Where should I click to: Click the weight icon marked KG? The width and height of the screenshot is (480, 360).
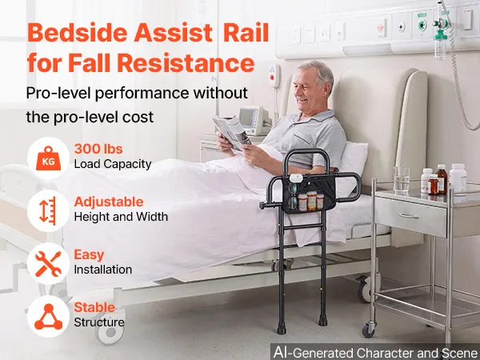tap(48, 158)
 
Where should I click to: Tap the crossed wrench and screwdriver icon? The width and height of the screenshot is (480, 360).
tap(48, 264)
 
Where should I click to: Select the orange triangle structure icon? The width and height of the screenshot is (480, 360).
tap(48, 317)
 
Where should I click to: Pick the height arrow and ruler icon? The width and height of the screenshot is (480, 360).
tap(48, 211)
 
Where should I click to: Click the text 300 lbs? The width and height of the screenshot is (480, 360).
tap(98, 149)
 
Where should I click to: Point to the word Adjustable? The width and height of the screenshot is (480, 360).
tap(109, 202)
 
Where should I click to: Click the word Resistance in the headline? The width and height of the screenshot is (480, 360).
tap(186, 63)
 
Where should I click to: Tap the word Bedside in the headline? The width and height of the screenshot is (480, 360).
tap(77, 33)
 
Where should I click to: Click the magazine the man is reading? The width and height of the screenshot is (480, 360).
tap(231, 132)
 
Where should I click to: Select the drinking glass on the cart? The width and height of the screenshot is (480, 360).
tap(402, 180)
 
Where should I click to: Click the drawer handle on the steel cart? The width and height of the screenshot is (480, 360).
tap(409, 216)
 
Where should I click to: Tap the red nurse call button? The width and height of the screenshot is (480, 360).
tap(271, 77)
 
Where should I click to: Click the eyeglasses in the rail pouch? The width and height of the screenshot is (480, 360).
tap(292, 195)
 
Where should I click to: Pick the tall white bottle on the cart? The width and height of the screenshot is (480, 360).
tap(458, 178)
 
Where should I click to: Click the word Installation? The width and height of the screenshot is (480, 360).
tap(103, 270)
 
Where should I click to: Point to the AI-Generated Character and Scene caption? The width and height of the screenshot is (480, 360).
tap(376, 352)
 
